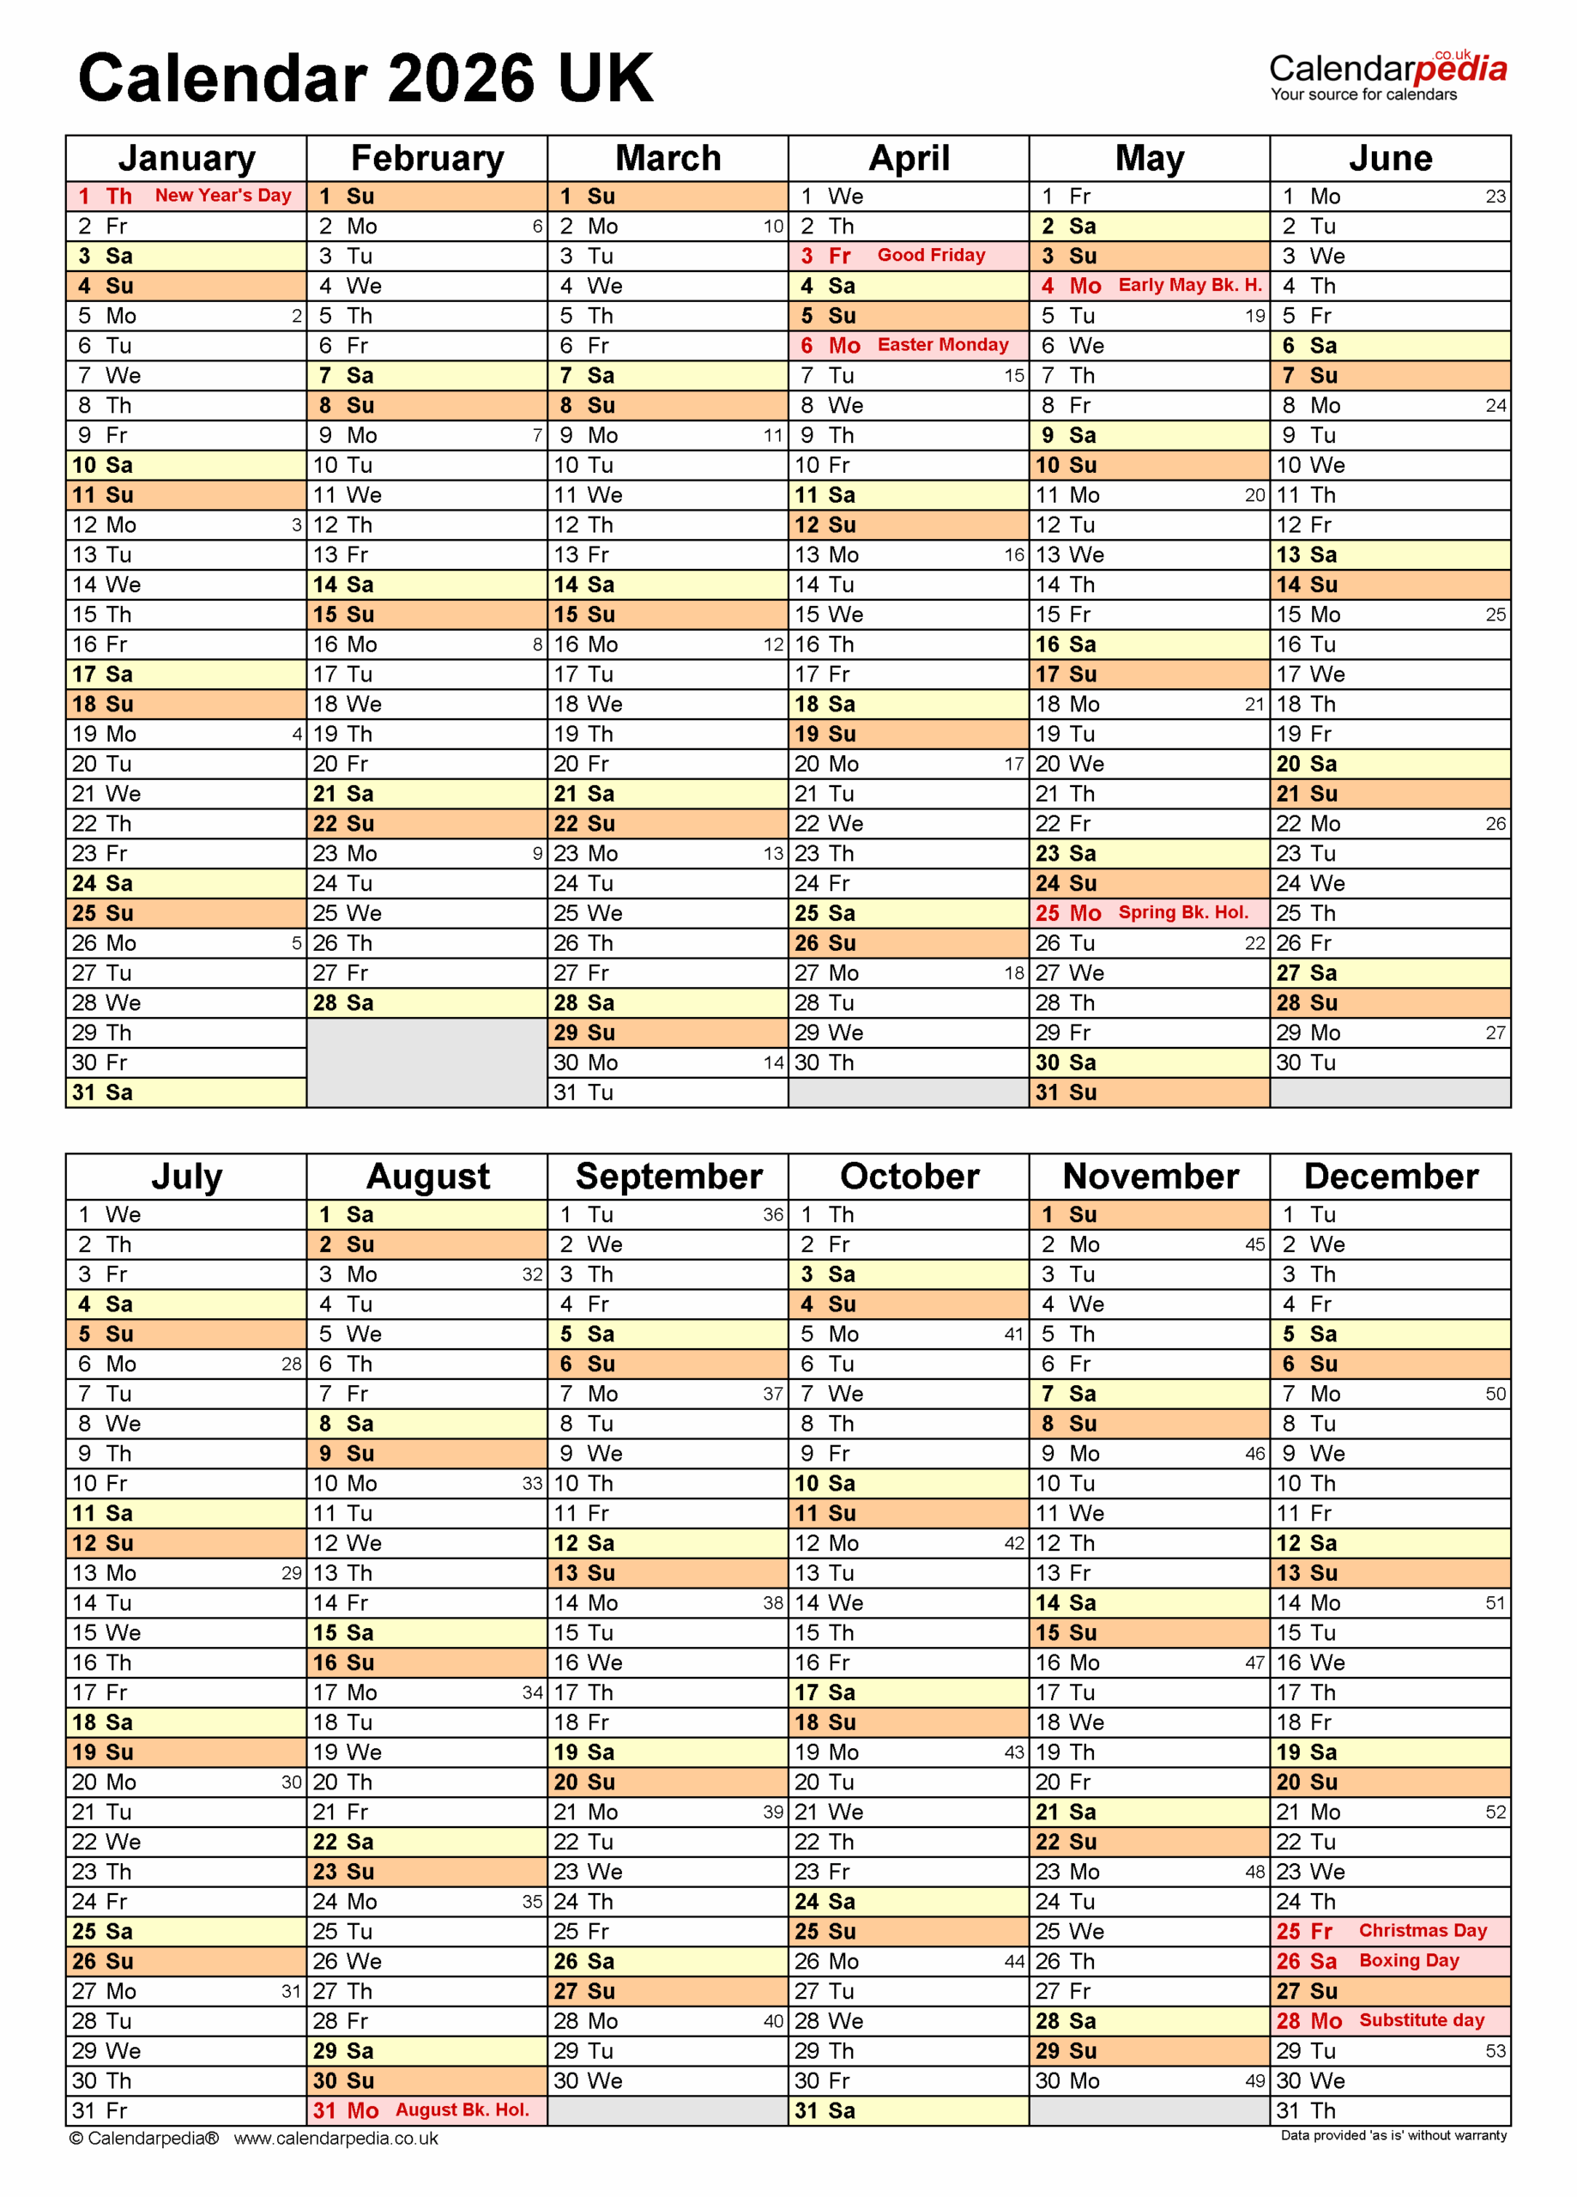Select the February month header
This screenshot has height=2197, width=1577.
tap(427, 158)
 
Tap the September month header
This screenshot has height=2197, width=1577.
tap(668, 1176)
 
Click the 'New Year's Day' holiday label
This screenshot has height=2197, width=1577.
tap(223, 196)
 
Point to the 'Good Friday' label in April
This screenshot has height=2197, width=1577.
tap(931, 255)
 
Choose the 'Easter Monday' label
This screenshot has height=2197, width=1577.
tap(943, 345)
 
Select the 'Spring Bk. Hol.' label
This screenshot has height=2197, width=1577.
tap(1182, 912)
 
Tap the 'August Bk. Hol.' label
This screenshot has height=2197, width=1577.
tap(462, 2109)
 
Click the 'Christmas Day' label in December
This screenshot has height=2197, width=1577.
tap(1422, 1931)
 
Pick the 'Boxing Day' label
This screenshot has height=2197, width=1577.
tap(1409, 1961)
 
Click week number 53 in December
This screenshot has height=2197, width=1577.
tap(1495, 2051)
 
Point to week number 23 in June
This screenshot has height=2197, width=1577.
tap(1495, 197)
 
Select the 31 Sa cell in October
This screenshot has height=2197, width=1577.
tap(908, 2111)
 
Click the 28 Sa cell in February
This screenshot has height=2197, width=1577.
tap(426, 1002)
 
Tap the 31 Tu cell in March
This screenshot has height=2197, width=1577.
tap(668, 1092)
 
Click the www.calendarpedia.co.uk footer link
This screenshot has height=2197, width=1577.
tap(335, 2139)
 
